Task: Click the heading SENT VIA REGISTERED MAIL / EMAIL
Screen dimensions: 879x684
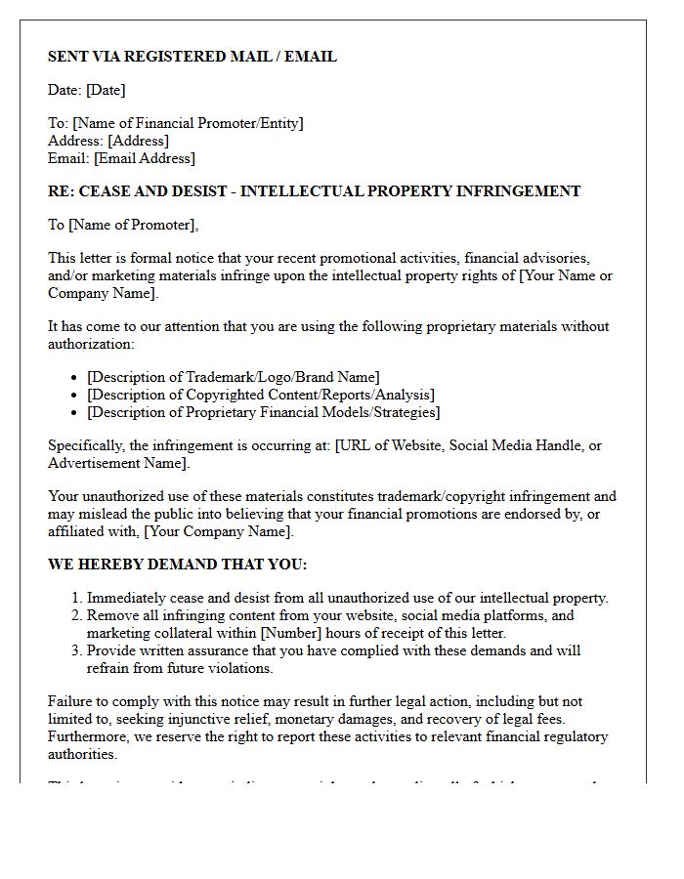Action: click(x=192, y=57)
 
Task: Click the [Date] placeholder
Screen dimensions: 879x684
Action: click(x=106, y=90)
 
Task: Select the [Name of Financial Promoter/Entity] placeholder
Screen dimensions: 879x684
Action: click(x=188, y=123)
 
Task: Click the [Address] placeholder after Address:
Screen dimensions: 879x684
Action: click(x=138, y=141)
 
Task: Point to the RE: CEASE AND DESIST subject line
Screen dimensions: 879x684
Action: click(x=314, y=191)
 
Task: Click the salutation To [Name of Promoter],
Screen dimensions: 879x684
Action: click(x=123, y=225)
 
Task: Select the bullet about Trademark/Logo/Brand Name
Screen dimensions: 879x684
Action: click(x=233, y=377)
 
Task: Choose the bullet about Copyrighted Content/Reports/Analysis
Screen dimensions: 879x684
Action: click(x=261, y=395)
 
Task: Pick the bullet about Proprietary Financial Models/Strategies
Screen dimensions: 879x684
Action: click(x=263, y=412)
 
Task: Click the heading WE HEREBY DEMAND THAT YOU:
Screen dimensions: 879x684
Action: click(x=177, y=565)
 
